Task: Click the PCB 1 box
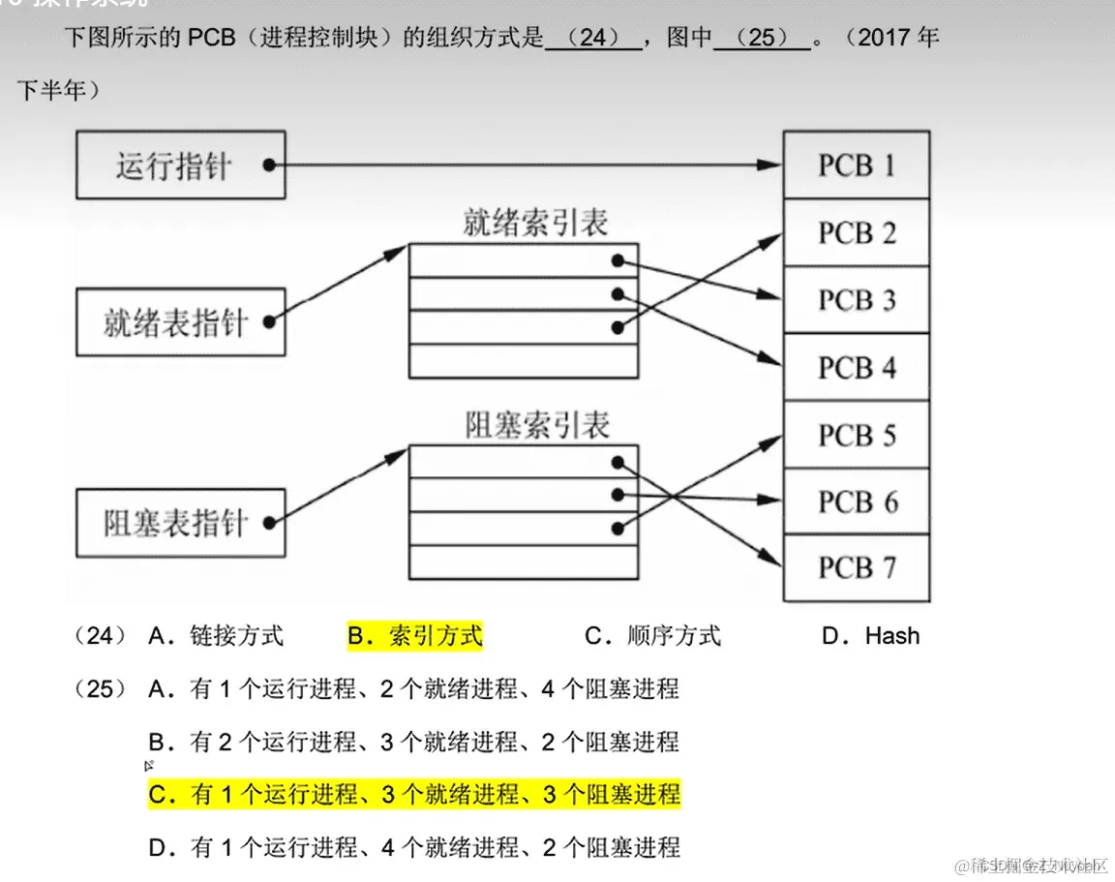tap(857, 166)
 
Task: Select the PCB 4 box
tap(857, 368)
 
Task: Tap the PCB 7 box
tap(857, 567)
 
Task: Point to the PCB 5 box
tap(857, 435)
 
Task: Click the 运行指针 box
tap(180, 166)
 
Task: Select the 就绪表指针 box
tap(180, 322)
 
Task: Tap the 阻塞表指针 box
tap(180, 523)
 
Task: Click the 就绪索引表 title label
tap(535, 224)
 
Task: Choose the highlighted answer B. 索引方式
tap(414, 636)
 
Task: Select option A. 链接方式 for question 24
tap(216, 636)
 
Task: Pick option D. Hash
tap(870, 636)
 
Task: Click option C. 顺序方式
tap(652, 636)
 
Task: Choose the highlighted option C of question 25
tap(414, 795)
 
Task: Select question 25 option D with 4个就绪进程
tap(414, 848)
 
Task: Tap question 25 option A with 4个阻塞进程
tap(414, 689)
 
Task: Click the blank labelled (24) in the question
tap(593, 40)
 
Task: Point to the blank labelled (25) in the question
tap(762, 40)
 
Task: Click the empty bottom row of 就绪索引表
tap(524, 360)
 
